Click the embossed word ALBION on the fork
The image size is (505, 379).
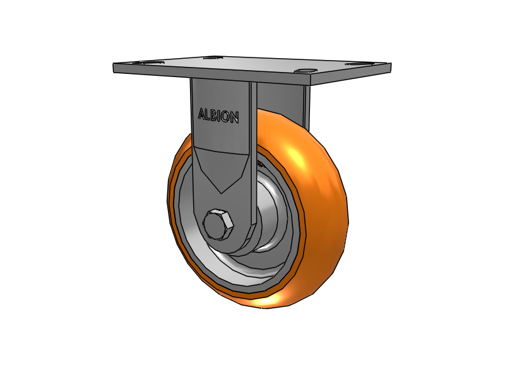point(218,116)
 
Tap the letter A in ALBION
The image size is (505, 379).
point(201,114)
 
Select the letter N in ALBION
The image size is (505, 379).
point(234,118)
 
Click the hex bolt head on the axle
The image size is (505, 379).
point(218,226)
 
